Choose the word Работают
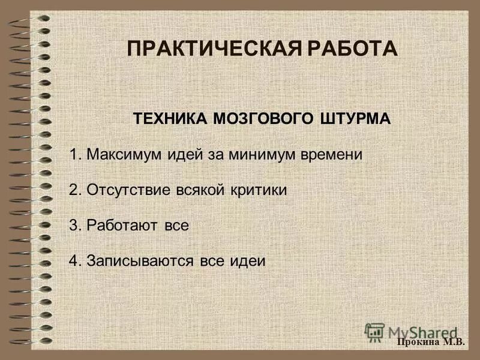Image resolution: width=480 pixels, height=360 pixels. coord(122,226)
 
